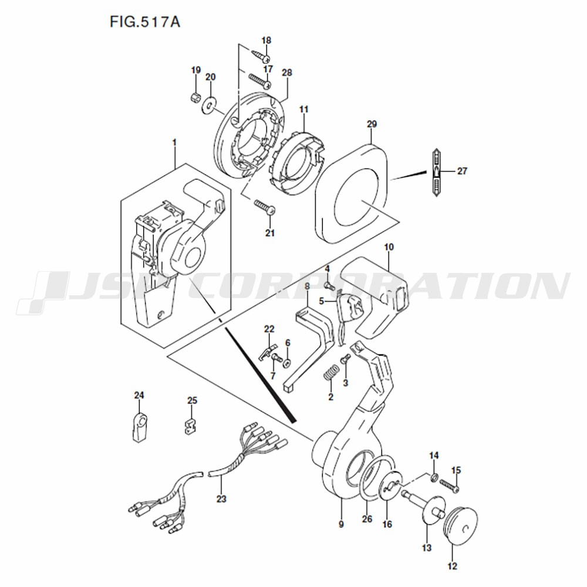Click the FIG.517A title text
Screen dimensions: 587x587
(145, 22)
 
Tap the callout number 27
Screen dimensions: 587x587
(462, 171)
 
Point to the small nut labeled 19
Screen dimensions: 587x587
(194, 99)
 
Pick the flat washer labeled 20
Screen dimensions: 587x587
(209, 104)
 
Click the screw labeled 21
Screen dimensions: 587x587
(265, 207)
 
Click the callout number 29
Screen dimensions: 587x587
(372, 124)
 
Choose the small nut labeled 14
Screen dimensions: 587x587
(434, 477)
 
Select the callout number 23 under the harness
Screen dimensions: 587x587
(221, 499)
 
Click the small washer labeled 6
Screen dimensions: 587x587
(288, 363)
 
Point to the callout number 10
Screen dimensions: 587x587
(389, 247)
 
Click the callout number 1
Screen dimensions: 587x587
(174, 143)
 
